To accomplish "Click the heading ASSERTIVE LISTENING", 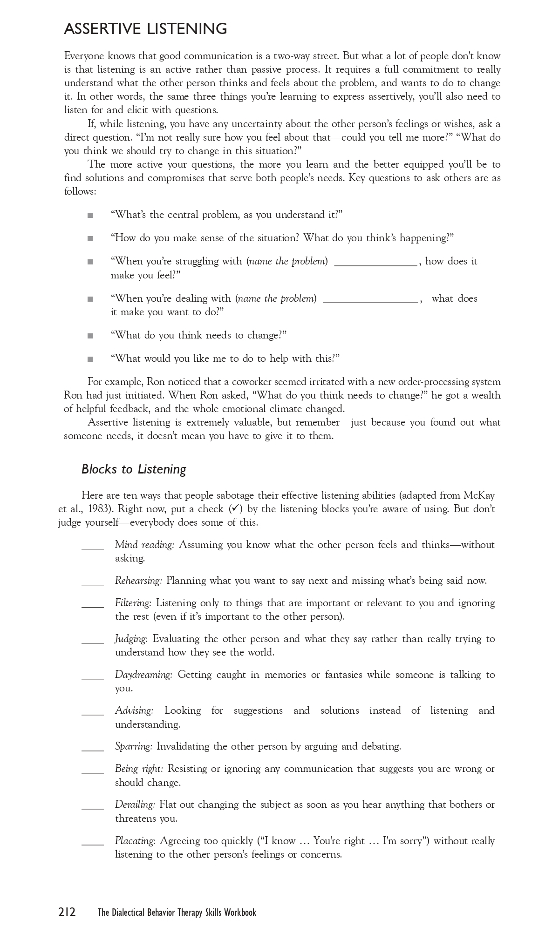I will pos(145,29).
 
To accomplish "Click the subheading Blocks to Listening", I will pos(134,469).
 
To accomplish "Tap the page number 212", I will pos(67,912).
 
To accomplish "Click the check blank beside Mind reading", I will pos(93,548).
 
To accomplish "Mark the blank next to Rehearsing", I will pos(93,584).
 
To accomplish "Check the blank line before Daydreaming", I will pos(93,678).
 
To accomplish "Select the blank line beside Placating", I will pos(93,844).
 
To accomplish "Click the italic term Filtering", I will pos(133,603).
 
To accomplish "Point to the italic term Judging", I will pos(131,639).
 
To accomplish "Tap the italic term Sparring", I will pos(134,746).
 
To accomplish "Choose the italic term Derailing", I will pos(135,805).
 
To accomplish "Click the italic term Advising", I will pos(134,710).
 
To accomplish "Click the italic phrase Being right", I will pos(139,769).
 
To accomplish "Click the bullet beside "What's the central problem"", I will pos(90,215).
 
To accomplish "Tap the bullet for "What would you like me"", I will pos(90,359).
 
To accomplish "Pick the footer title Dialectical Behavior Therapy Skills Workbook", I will pos(177,913).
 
